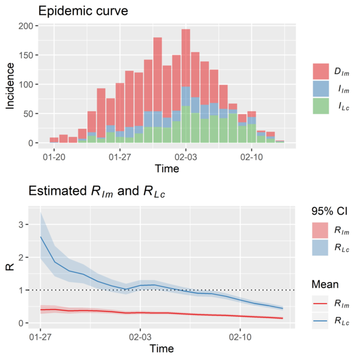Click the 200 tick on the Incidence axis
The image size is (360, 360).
pyautogui.click(x=25, y=26)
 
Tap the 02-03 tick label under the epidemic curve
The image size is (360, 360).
pyautogui.click(x=185, y=157)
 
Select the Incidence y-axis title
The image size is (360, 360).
pyautogui.click(x=10, y=84)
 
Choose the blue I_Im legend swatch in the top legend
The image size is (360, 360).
pyautogui.click(x=322, y=89)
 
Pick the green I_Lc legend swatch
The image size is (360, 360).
pyautogui.click(x=322, y=106)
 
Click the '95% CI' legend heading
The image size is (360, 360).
pyautogui.click(x=326, y=211)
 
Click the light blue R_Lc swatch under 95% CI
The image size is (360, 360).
pyautogui.click(x=322, y=247)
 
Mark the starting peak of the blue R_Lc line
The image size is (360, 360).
pyautogui.click(x=40, y=237)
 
